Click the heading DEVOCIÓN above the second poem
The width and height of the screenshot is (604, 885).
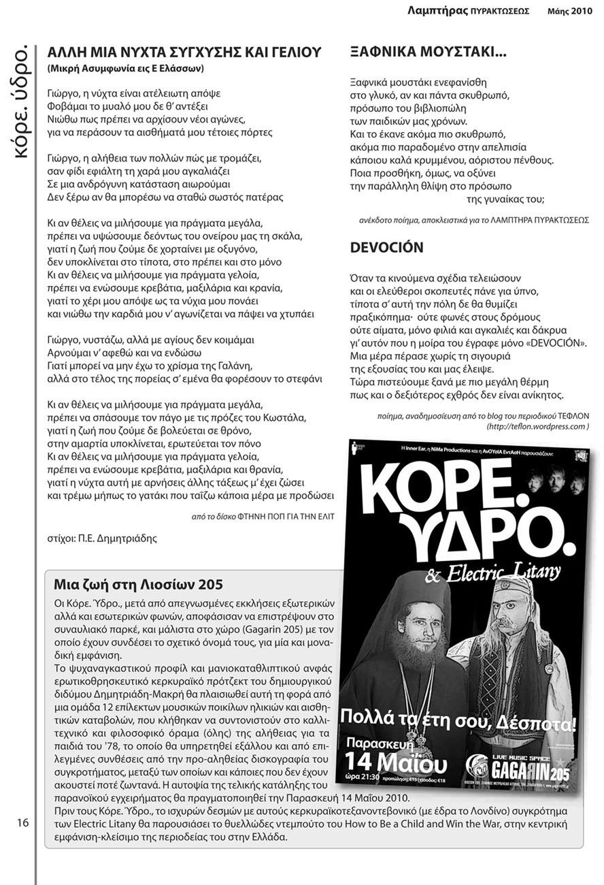tap(386, 248)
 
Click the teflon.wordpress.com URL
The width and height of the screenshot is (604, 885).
tap(537, 426)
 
